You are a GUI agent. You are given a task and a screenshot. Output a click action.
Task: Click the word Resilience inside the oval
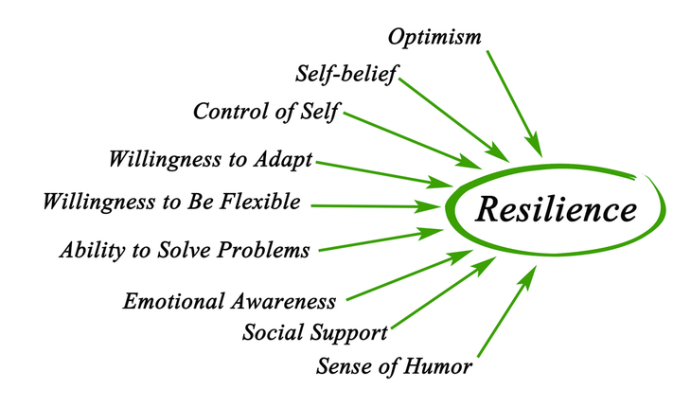557,209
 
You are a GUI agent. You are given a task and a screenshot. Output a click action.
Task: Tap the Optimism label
434,37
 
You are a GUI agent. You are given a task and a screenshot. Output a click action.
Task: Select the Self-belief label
345,74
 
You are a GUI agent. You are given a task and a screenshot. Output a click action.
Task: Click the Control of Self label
266,111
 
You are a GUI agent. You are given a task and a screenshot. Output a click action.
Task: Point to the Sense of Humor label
394,366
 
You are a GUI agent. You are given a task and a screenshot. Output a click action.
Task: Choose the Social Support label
314,332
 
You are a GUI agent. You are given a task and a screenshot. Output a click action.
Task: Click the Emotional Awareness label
229,301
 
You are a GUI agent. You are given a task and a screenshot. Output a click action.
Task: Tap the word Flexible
260,202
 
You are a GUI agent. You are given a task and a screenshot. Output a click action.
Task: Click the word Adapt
282,159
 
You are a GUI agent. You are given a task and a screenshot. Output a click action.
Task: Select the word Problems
263,250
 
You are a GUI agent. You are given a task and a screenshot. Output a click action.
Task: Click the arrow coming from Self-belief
454,120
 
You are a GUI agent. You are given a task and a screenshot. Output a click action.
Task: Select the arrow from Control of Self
413,140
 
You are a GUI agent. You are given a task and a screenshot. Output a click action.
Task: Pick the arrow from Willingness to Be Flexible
377,206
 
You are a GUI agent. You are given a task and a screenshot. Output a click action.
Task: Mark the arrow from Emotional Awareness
410,275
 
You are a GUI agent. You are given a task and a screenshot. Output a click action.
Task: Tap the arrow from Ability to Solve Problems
381,239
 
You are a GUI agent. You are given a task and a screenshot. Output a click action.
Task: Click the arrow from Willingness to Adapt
384,174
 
